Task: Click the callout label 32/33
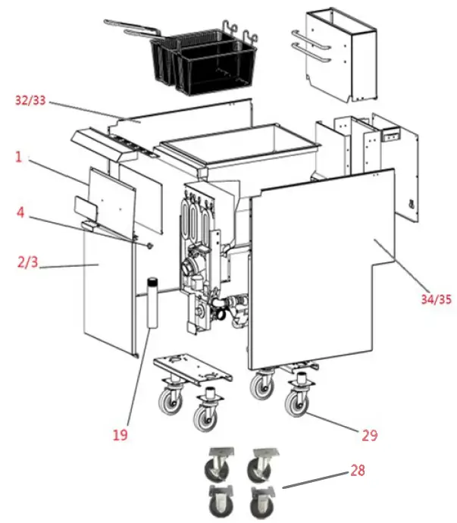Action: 31,99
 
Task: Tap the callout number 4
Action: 21,214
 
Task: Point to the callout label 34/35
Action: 435,299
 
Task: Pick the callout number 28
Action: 357,470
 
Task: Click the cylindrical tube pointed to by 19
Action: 151,302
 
